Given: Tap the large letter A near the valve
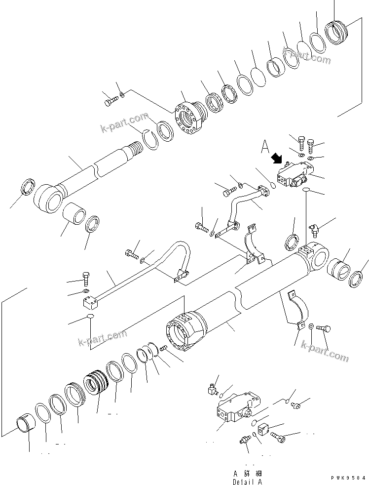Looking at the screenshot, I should (265, 146).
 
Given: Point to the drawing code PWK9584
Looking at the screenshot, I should (348, 478).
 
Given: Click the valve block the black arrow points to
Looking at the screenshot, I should (295, 176).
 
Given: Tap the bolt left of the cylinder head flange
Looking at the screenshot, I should (110, 102).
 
